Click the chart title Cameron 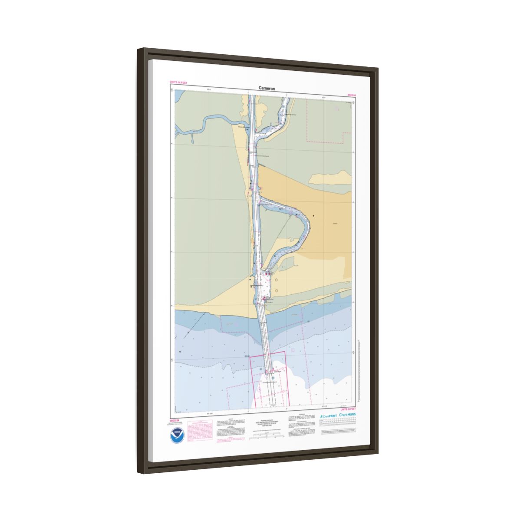tap(267, 88)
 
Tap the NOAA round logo tap(176, 434)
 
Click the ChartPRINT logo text tap(329, 415)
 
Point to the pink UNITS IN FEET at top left tap(178, 82)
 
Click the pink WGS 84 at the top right tap(352, 94)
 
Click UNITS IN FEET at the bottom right tap(348, 409)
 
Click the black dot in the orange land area tap(313, 215)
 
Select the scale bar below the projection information tap(266, 435)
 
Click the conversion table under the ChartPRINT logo tap(337, 423)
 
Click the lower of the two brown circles tap(276, 290)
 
